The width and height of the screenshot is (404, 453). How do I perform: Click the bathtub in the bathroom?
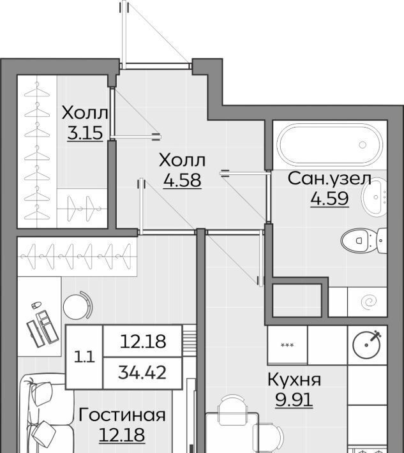tap(329, 145)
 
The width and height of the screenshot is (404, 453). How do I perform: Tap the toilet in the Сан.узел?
tap(364, 241)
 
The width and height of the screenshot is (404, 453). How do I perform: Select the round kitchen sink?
tap(366, 345)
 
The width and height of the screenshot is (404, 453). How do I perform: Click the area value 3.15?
tap(85, 133)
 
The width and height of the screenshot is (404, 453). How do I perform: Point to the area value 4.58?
tap(182, 181)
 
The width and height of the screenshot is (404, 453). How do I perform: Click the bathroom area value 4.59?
tap(329, 198)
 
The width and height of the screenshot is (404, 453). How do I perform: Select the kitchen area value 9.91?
tap(294, 400)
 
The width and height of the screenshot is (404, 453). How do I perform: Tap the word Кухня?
tap(294, 380)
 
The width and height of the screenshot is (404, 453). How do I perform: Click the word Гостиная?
tap(122, 415)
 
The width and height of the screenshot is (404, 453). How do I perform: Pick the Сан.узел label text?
tap(329, 179)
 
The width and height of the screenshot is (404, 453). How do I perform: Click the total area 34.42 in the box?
tap(142, 373)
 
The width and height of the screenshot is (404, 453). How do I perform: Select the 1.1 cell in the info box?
tap(84, 358)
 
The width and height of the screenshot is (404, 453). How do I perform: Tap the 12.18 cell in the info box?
tap(143, 341)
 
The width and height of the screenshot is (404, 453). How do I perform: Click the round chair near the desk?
tap(77, 305)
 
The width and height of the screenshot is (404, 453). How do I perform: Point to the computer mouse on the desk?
tap(36, 304)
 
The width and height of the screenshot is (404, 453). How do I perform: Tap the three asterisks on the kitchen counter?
tap(287, 345)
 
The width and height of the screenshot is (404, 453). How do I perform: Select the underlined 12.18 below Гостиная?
tap(122, 435)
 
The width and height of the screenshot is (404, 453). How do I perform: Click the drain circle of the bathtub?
tap(363, 145)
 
